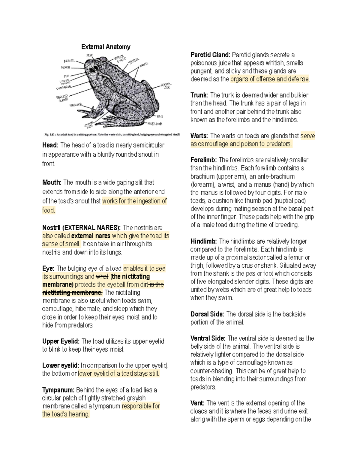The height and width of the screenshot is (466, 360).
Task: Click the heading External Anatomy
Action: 106,47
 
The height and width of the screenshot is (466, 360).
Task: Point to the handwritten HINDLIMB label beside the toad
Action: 155,124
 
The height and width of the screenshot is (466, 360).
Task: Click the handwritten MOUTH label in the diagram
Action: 65,68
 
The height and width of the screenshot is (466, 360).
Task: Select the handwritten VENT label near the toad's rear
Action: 159,116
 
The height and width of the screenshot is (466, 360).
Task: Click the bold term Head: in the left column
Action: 50,145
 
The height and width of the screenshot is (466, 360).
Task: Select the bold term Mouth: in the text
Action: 52,182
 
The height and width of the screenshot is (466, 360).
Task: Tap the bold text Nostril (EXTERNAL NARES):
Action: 81,228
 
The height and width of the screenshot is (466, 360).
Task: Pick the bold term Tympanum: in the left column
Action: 58,390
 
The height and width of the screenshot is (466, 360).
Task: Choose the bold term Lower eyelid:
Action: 61,365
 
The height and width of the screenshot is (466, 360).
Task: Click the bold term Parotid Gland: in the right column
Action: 210,55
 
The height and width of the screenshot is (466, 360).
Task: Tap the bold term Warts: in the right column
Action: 199,136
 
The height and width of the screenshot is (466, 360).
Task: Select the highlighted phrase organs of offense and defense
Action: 269,79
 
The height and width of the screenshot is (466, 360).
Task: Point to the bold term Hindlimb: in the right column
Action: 204,241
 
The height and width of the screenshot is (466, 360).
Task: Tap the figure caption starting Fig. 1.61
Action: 112,135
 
